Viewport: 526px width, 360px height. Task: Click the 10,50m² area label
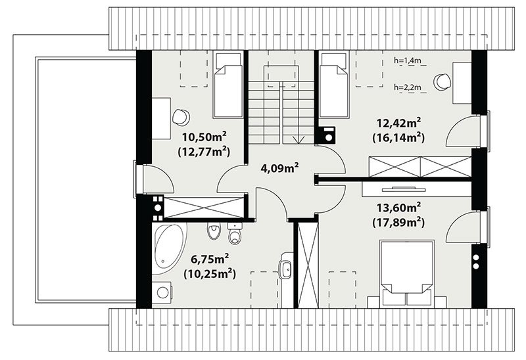click(204, 137)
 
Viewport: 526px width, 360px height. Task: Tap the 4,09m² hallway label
click(280, 168)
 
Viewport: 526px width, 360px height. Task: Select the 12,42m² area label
click(399, 123)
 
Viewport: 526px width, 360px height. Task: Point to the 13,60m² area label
click(399, 208)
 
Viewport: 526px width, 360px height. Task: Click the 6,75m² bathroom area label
click(210, 259)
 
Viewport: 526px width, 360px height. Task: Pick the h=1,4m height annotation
click(407, 60)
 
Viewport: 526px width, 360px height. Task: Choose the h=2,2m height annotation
click(407, 87)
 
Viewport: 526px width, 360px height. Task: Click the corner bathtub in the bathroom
click(170, 248)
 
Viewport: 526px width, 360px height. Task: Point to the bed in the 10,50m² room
click(228, 85)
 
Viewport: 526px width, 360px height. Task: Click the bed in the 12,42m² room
click(334, 85)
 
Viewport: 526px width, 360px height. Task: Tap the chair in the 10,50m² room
click(181, 118)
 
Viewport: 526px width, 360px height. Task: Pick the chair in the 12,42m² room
click(442, 81)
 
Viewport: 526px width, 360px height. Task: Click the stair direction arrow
click(299, 140)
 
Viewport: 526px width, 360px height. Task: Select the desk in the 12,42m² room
click(462, 83)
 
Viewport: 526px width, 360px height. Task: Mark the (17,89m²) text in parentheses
click(399, 222)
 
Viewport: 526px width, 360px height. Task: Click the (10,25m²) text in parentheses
click(210, 273)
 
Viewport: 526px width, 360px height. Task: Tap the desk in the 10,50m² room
click(161, 118)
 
